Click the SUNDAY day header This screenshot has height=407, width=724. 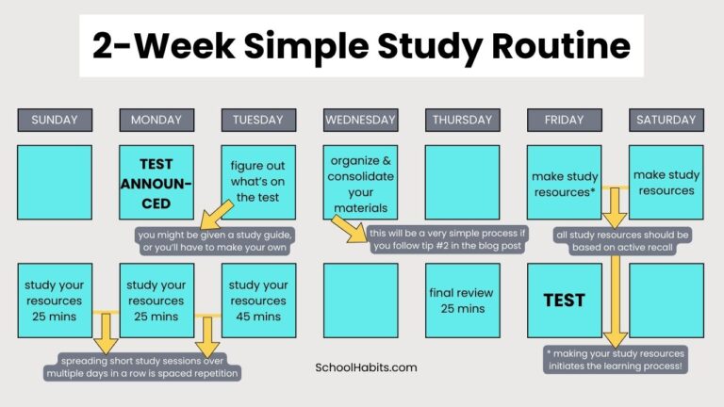pyautogui.click(x=55, y=120)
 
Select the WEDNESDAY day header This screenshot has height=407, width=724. pyautogui.click(x=360, y=120)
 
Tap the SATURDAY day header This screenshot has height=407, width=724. pyautogui.click(x=666, y=120)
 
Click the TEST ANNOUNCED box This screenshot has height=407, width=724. pyautogui.click(x=156, y=181)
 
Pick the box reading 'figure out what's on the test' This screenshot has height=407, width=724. pyautogui.click(x=258, y=181)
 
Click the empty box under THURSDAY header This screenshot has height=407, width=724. pyautogui.click(x=462, y=182)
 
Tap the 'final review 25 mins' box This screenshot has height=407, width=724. pyautogui.click(x=462, y=300)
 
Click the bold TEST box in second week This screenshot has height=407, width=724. pyautogui.click(x=564, y=301)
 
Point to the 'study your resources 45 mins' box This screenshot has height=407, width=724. pyautogui.click(x=258, y=300)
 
